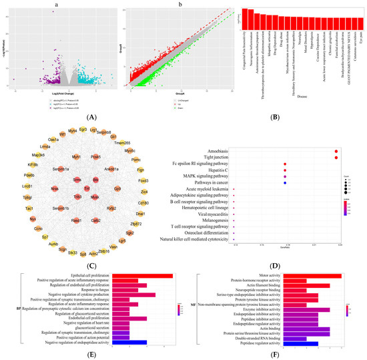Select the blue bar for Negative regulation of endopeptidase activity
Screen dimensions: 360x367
click(129, 342)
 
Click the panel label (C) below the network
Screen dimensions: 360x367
click(87, 262)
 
